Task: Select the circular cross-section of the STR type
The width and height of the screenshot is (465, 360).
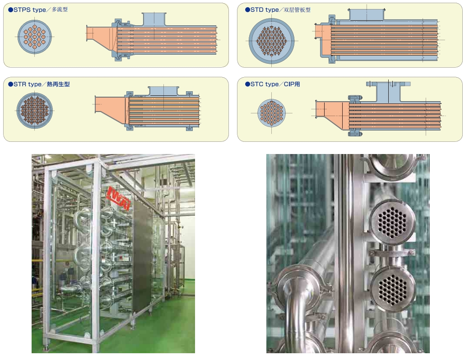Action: click(35, 110)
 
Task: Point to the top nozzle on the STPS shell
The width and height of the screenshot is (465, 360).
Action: click(154, 19)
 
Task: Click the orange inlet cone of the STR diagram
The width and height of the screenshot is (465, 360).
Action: click(110, 110)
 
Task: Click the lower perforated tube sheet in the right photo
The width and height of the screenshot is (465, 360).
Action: click(391, 287)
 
